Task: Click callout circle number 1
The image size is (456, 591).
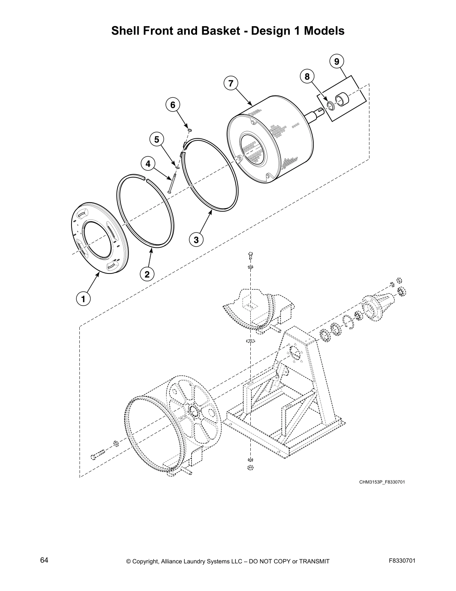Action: (83, 298)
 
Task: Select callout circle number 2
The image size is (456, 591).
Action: (147, 274)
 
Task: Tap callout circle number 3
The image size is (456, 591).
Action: (196, 239)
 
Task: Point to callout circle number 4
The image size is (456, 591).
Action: (148, 163)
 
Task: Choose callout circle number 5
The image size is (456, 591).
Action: (156, 140)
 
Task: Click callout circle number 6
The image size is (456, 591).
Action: (172, 105)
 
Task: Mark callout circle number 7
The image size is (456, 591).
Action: (231, 83)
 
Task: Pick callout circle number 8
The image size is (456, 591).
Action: (307, 76)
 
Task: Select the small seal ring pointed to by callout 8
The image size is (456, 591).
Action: (330, 106)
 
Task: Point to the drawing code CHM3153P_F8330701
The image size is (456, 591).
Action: (382, 482)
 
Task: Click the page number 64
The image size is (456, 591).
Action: (44, 560)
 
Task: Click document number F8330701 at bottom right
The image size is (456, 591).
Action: (402, 561)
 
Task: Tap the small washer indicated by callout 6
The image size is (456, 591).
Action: (190, 129)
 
